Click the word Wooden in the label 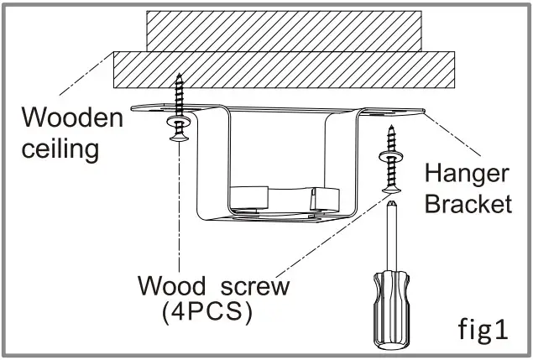(x=72, y=117)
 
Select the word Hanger (x=467, y=174)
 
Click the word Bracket (x=468, y=204)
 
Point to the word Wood (x=175, y=286)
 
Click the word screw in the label (x=250, y=286)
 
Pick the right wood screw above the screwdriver (x=389, y=168)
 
